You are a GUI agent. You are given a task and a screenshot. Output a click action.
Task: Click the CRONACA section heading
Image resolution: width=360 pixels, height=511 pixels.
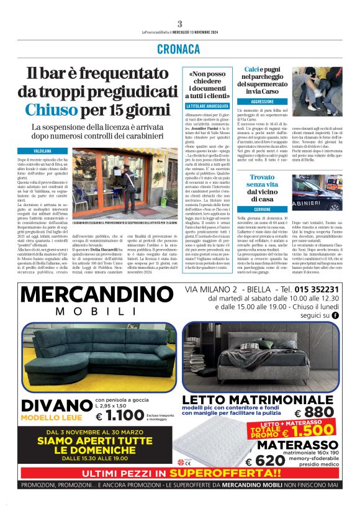[x=179, y=48]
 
